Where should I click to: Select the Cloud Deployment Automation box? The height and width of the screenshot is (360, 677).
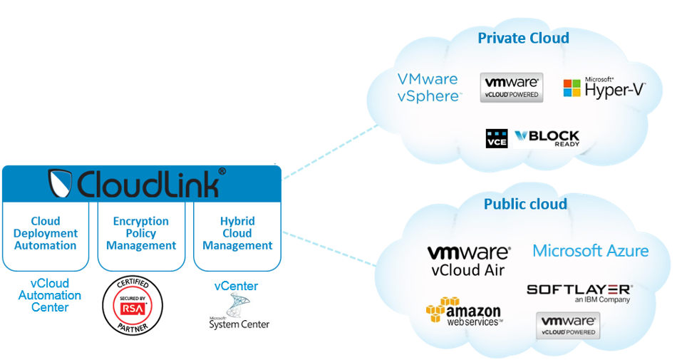click(45, 234)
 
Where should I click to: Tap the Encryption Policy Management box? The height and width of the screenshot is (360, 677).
click(141, 234)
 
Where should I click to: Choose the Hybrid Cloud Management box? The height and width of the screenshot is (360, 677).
click(237, 234)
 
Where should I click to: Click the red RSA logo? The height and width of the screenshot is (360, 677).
click(133, 308)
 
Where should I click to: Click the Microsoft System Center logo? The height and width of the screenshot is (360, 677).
click(239, 314)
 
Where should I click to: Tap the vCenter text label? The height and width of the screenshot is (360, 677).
click(236, 287)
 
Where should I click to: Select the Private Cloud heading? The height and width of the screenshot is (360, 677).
click(523, 38)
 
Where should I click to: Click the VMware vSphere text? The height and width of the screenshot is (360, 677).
click(428, 88)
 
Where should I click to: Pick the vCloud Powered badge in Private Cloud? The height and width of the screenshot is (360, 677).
click(512, 87)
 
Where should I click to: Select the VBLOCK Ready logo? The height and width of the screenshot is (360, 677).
click(547, 138)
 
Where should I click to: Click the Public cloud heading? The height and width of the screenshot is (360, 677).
click(525, 205)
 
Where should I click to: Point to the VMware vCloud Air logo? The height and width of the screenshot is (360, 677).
click(468, 260)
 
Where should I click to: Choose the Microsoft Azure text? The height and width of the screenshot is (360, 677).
click(591, 251)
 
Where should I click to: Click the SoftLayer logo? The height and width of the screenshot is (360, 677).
click(579, 293)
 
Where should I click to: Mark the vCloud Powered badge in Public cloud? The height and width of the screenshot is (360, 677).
click(567, 324)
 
